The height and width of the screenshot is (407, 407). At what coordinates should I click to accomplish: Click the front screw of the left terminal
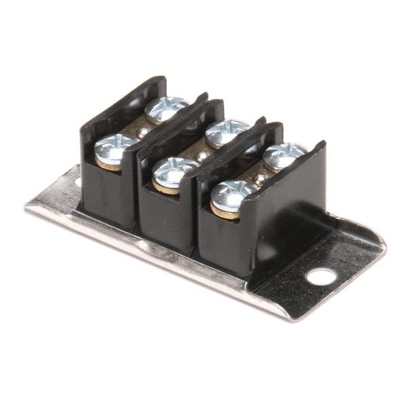[x=115, y=147]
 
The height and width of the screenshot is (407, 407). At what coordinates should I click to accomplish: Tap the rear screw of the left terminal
[x=166, y=106]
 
